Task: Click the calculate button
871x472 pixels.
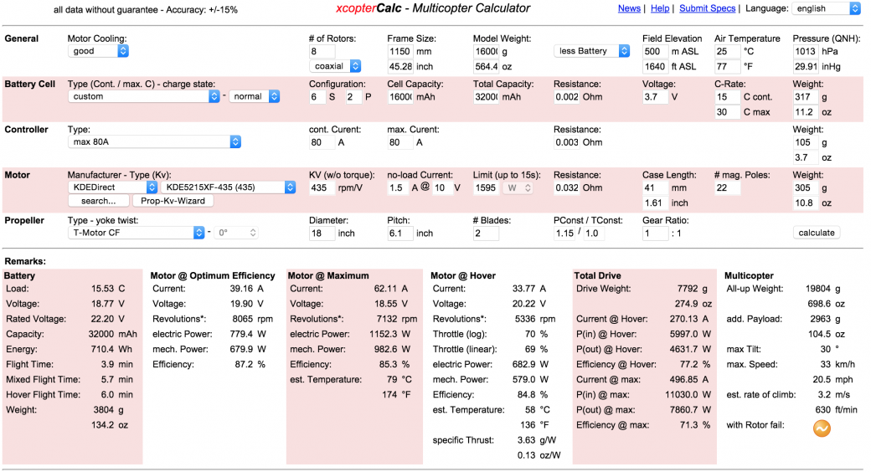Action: pos(816,233)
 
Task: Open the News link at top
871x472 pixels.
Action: pos(629,8)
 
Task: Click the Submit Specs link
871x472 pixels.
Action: pos(708,8)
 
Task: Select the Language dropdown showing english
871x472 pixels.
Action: pos(825,8)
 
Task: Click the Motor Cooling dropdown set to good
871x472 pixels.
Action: pos(98,51)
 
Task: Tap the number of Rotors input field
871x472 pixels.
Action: pos(322,51)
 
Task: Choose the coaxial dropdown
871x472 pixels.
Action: pos(335,66)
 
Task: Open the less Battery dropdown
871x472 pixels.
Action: pos(591,51)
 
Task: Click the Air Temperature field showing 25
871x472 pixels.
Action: pos(726,51)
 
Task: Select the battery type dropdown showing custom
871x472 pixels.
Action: pos(143,96)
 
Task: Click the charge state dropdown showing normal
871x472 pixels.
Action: pos(254,96)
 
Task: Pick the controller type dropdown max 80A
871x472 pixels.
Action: pos(154,142)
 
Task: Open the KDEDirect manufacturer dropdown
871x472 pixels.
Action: pos(113,187)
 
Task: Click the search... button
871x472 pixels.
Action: pos(99,201)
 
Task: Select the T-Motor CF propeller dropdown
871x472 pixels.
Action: pos(137,233)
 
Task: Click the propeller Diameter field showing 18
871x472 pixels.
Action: pos(322,233)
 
